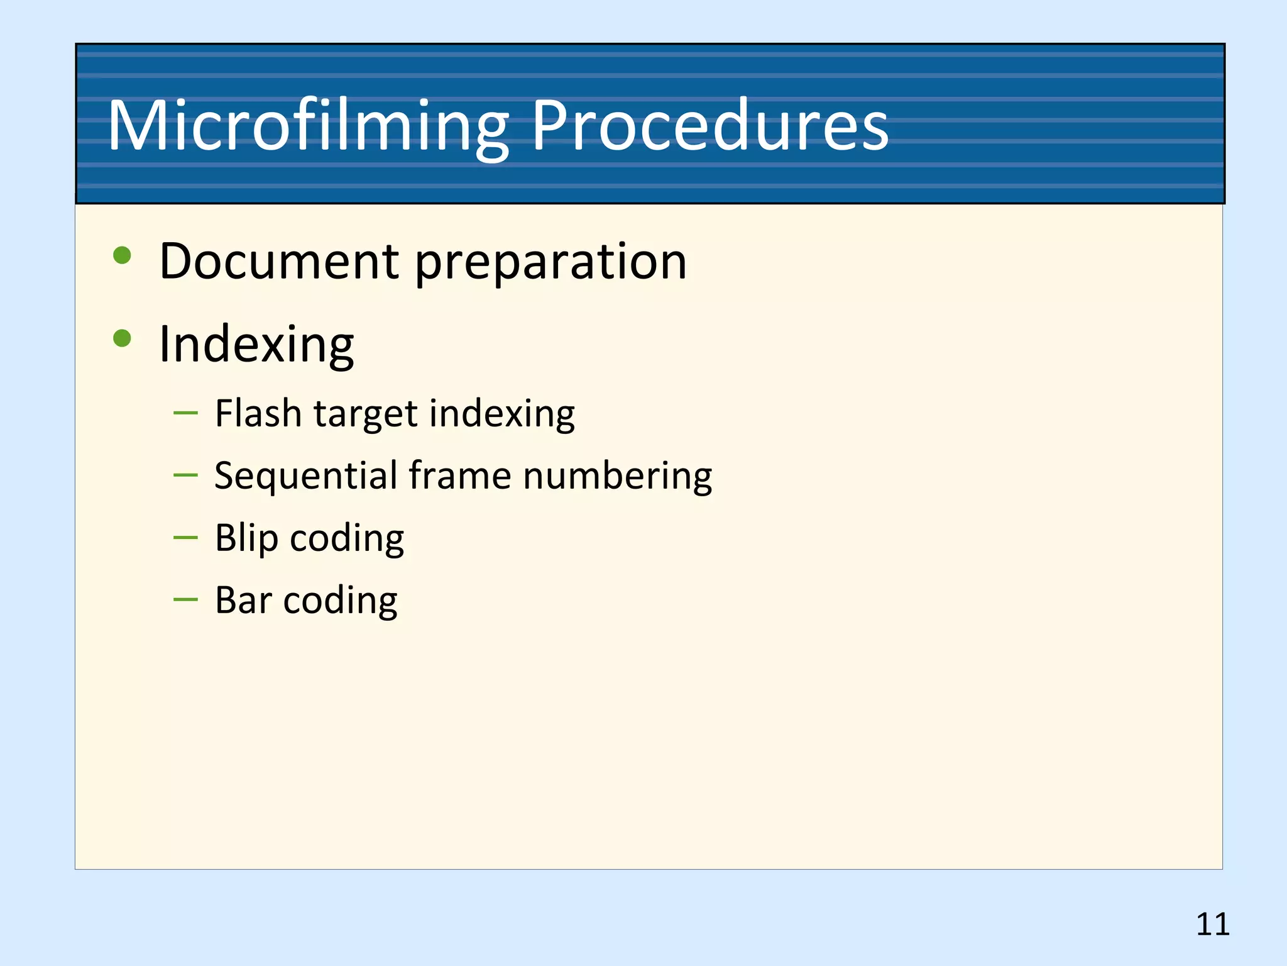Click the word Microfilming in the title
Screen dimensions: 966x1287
(x=308, y=126)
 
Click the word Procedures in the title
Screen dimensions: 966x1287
(x=710, y=126)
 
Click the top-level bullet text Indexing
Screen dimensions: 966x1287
(x=256, y=345)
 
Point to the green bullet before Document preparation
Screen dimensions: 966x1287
(x=122, y=255)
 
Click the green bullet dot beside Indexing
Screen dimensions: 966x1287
(x=122, y=338)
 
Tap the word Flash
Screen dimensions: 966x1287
(x=258, y=413)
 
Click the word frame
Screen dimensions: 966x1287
(x=461, y=475)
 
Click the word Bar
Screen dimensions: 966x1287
(x=243, y=601)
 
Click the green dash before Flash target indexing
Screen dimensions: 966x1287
(x=185, y=413)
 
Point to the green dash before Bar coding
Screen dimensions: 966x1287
(x=185, y=600)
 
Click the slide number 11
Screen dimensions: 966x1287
(x=1212, y=924)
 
